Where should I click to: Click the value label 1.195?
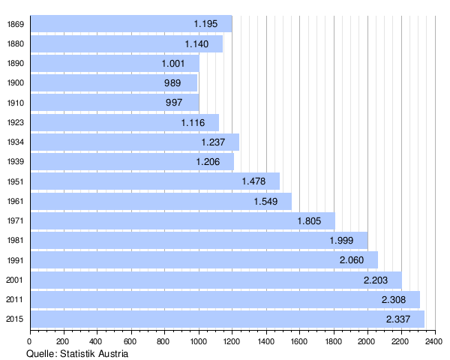(x=205, y=24)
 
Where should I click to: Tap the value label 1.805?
(x=309, y=220)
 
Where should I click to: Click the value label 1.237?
(x=213, y=142)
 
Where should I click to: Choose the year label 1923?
(x=15, y=122)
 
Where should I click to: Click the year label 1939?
(x=15, y=161)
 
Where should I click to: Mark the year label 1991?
(x=15, y=260)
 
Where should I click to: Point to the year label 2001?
(x=15, y=280)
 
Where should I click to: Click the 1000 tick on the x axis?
(x=199, y=342)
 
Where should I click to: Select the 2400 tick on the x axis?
(x=434, y=342)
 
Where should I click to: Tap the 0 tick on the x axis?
(x=30, y=342)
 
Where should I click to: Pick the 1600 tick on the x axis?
(x=300, y=342)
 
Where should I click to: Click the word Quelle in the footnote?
(x=42, y=353)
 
